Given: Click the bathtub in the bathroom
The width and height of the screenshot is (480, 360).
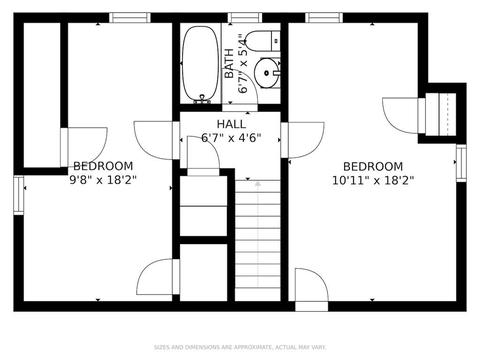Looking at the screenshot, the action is [x=201, y=64].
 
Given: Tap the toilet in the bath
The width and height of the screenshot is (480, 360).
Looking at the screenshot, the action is [x=263, y=41].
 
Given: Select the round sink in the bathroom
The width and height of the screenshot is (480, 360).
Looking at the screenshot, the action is [x=267, y=73].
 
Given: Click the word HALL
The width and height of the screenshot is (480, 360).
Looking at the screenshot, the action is [x=231, y=124].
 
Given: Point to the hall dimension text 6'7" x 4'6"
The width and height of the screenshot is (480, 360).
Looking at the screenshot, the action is [x=231, y=137].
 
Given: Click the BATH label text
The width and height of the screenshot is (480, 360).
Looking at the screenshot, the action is [x=229, y=63].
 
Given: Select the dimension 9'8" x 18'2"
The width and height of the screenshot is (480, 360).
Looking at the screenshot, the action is [x=103, y=180].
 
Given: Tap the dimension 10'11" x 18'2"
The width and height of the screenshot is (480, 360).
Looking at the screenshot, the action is [x=373, y=180].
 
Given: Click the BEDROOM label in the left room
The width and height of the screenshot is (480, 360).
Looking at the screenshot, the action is [x=103, y=166].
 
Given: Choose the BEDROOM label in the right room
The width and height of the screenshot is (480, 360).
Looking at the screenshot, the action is [x=373, y=166].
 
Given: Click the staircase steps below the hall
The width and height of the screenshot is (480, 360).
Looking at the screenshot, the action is [x=257, y=240].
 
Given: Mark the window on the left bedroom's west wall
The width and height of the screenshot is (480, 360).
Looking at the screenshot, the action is [x=19, y=195].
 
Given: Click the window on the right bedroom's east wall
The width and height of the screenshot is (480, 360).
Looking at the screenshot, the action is [x=461, y=163].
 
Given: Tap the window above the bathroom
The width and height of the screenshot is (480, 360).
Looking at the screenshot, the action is [x=245, y=18].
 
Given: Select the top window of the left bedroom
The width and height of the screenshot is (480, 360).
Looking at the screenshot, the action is [x=130, y=18].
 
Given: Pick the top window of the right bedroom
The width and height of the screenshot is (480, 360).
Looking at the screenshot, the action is [x=324, y=18].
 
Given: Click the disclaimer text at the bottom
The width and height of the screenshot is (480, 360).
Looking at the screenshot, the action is [x=240, y=347].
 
